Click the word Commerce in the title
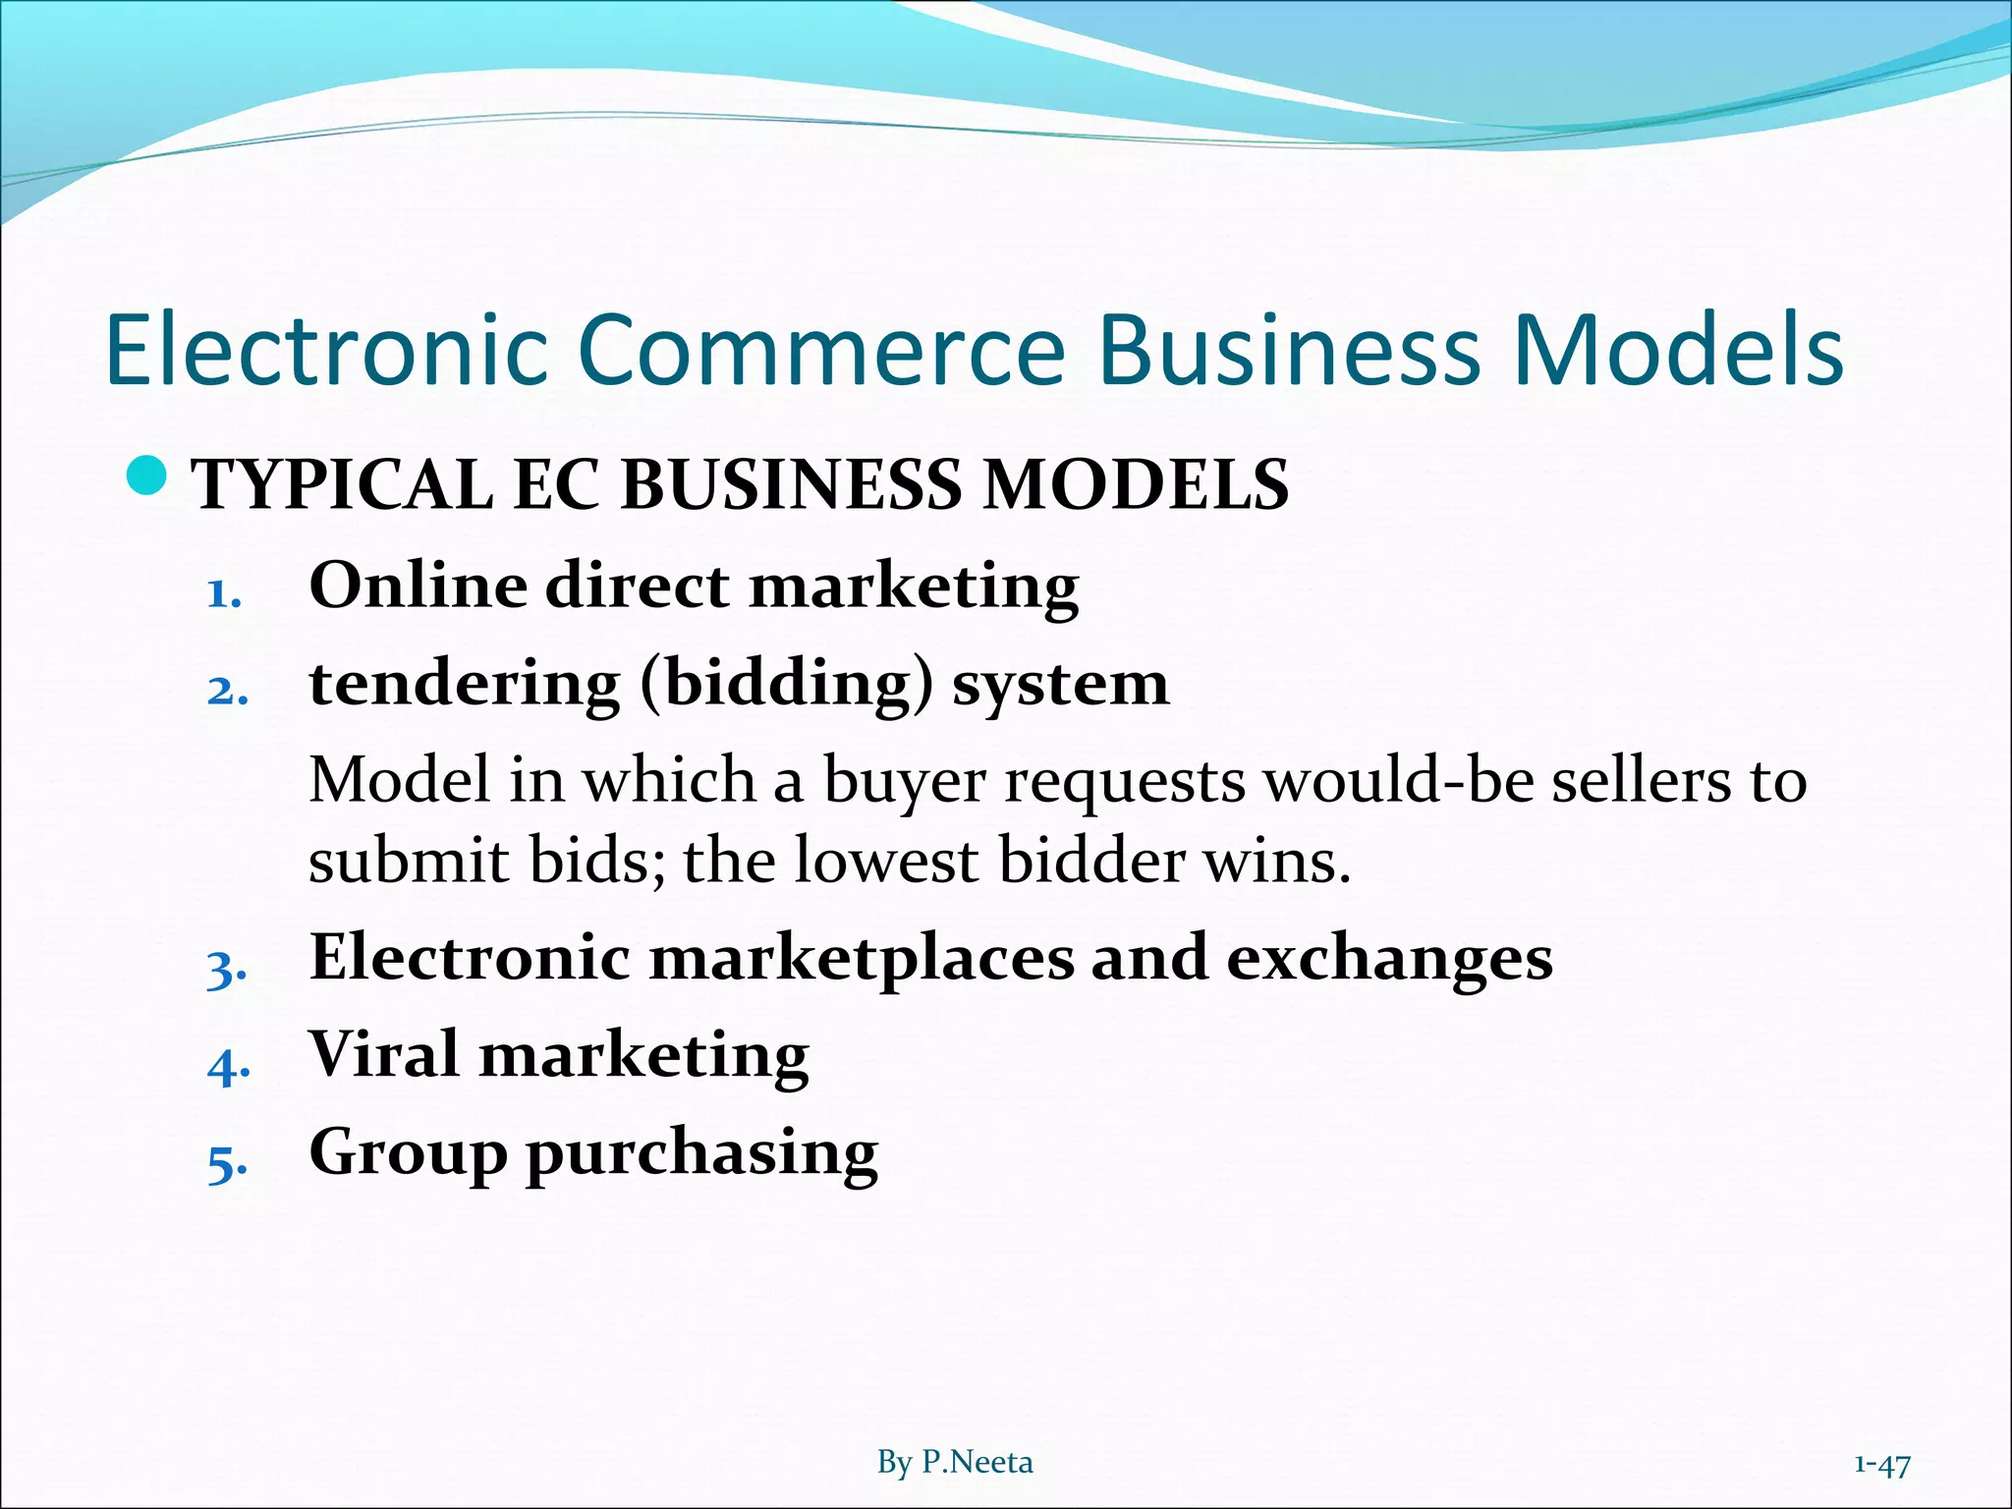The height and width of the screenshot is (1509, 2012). click(821, 349)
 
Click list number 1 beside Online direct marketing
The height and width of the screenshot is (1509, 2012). click(224, 593)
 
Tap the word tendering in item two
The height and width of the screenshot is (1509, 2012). click(465, 684)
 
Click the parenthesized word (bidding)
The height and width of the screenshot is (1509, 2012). click(786, 685)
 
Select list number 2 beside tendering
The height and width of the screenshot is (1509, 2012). click(227, 691)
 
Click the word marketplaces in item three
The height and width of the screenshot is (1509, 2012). click(862, 957)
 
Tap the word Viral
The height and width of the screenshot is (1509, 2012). click(383, 1054)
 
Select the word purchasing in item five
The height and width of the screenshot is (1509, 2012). click(701, 1153)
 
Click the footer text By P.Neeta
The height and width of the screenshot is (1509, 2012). click(955, 1463)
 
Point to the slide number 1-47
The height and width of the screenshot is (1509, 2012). click(1881, 1465)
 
